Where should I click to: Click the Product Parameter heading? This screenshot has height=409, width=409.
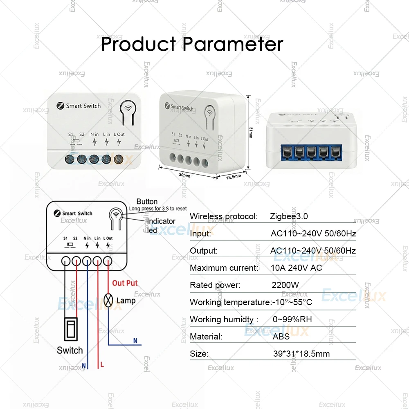192,44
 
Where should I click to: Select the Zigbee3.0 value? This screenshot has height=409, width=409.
289,216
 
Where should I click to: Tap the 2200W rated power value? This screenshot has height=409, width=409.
285,285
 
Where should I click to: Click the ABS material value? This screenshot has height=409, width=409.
281,337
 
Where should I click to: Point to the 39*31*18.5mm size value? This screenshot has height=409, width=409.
301,354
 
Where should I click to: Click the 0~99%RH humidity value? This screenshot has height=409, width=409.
292,319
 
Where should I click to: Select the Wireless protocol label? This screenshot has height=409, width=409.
224,216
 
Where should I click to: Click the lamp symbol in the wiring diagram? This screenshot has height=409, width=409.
108,301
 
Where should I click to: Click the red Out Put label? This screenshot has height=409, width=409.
125,283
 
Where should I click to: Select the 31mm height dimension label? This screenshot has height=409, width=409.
251,132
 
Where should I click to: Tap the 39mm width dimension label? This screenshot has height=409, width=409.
184,175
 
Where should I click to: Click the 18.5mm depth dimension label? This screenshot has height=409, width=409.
234,176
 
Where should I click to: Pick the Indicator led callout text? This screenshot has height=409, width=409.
161,225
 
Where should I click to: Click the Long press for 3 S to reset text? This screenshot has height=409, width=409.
158,209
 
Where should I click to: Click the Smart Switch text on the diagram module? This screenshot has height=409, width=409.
77,213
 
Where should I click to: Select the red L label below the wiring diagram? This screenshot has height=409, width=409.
102,364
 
